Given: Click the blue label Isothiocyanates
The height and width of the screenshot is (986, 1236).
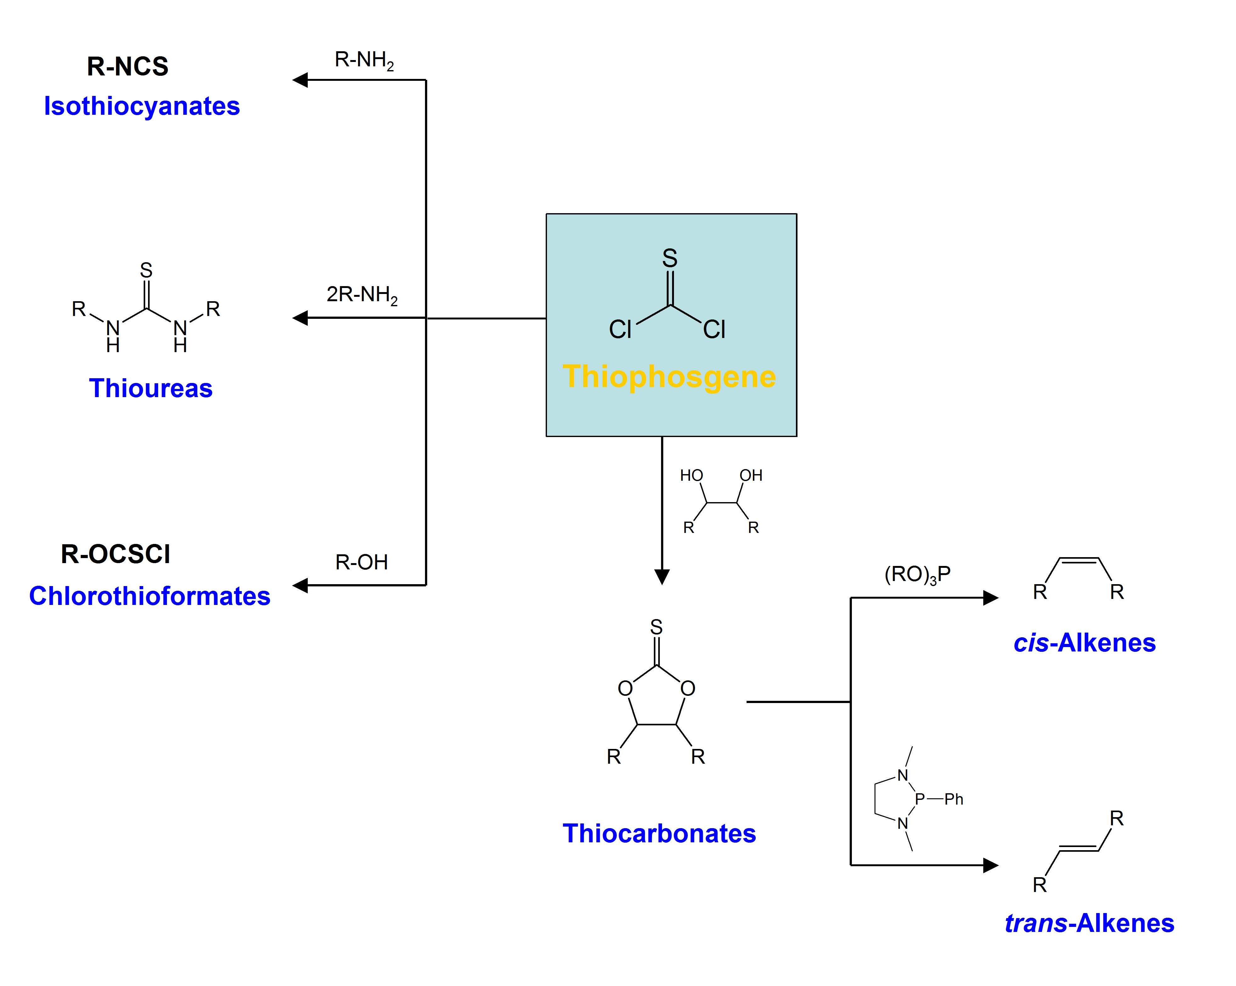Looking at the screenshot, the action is (x=141, y=106).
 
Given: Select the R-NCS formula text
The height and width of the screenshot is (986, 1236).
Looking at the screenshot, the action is (x=127, y=66).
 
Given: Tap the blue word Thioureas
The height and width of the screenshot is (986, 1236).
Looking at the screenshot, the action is (x=151, y=388).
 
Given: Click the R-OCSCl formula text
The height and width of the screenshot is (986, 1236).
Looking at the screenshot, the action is (x=115, y=554).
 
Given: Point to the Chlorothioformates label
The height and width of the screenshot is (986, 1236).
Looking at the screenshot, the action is (x=150, y=596).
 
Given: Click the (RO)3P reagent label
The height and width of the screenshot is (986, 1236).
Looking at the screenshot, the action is (x=917, y=574).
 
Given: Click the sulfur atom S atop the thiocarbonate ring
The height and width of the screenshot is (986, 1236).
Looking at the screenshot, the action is (x=656, y=627).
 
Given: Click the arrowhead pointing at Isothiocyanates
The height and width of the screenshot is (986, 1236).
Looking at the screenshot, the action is (x=300, y=80).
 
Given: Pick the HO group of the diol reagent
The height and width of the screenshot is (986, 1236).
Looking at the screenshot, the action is (x=691, y=475).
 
